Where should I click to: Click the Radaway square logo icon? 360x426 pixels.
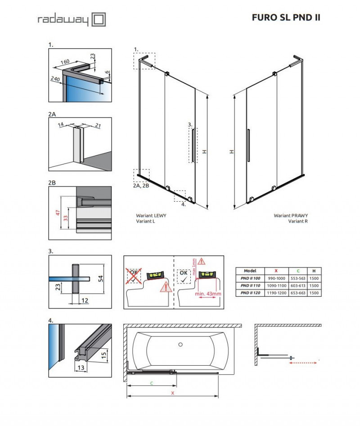[x=99, y=19]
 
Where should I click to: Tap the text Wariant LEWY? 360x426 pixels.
[x=151, y=216]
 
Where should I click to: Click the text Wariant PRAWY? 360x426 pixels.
[x=291, y=216]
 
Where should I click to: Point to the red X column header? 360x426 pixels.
[x=275, y=271]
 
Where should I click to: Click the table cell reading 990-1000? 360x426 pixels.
[x=275, y=278]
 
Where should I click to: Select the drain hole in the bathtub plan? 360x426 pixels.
[x=180, y=345]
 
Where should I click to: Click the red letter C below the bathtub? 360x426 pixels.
[x=151, y=384]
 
